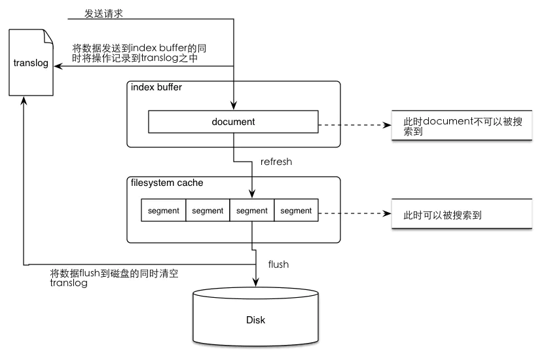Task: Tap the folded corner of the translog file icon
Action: pos(48,35)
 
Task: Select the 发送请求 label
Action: pos(104,13)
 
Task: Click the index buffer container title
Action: pos(156,88)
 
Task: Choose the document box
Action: pos(233,122)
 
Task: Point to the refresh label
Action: pos(276,162)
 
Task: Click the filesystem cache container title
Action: pos(167,183)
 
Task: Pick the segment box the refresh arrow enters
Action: pos(252,210)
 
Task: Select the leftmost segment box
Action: pos(164,210)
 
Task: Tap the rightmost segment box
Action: pos(296,210)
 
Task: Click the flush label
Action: pos(279,264)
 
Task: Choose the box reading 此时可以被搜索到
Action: pos(462,214)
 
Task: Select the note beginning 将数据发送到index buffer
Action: pos(141,53)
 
